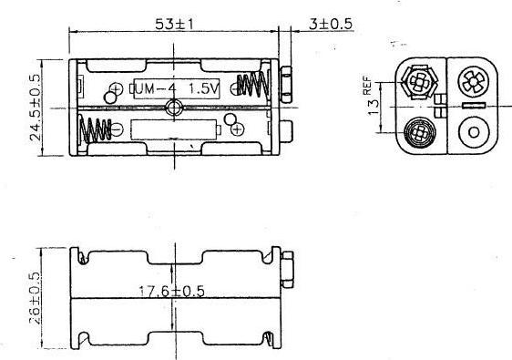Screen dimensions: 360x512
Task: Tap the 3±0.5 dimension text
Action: [330, 24]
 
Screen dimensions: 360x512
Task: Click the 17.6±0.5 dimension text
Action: [171, 292]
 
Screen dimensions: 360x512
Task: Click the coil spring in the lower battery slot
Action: [97, 132]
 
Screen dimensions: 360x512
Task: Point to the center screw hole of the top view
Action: [174, 108]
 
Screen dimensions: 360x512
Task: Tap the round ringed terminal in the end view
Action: [418, 133]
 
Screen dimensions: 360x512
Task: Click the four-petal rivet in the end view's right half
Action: [473, 80]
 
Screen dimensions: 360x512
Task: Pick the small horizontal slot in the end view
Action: [473, 109]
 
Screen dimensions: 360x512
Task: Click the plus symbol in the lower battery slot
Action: [239, 129]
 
